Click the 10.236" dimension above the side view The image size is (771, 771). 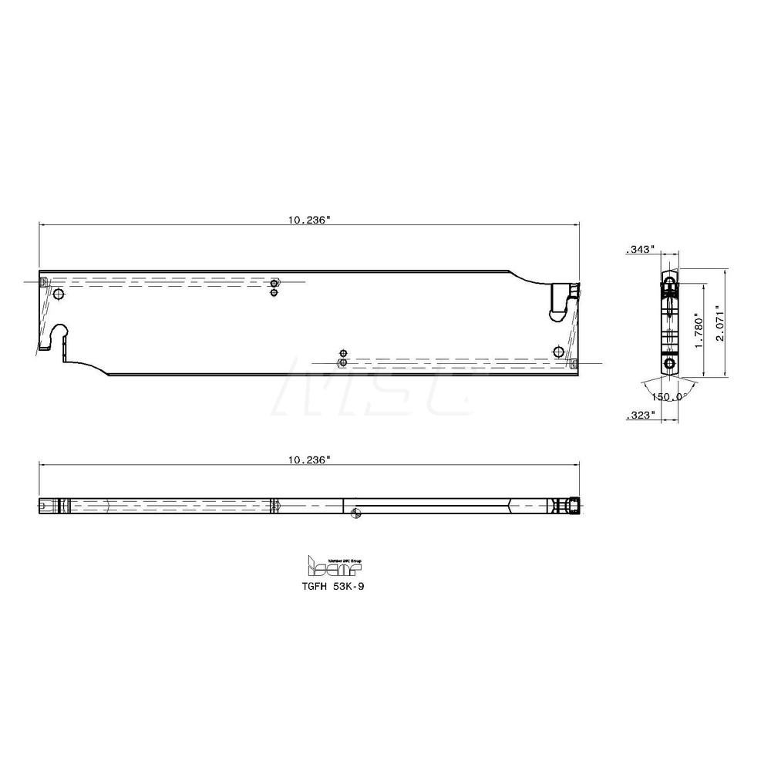pos(310,220)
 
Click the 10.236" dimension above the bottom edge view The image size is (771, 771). pos(310,460)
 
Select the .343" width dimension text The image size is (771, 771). pos(641,249)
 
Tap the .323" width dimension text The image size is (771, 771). pos(641,415)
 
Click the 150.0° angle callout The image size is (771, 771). pos(668,396)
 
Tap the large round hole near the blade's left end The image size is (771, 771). pos(59,295)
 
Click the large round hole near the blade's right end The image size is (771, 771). pos(559,352)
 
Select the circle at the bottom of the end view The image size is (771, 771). pos(669,362)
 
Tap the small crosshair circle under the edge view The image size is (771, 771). pos(355,515)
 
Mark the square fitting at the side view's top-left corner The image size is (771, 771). pos(43,281)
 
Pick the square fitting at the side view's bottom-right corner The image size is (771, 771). pos(574,362)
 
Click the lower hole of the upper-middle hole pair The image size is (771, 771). pos(274,292)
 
